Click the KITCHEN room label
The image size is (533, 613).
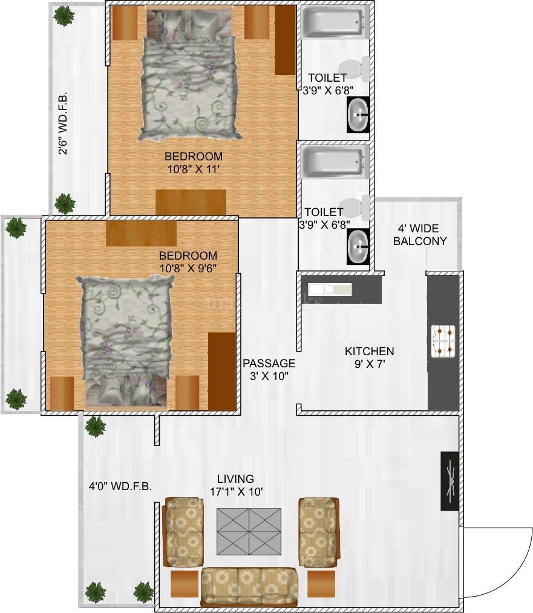click(x=369, y=351)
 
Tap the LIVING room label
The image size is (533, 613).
click(x=235, y=479)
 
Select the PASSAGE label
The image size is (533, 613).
click(x=269, y=363)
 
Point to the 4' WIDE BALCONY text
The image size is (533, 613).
click(x=420, y=235)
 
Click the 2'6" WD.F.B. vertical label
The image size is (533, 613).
click(x=63, y=123)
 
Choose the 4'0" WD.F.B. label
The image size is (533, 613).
click(x=120, y=487)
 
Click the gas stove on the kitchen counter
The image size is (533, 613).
click(x=443, y=341)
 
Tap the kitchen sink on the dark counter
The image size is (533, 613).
click(x=329, y=290)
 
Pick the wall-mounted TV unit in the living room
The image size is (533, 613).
click(x=450, y=481)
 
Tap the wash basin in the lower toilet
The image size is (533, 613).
click(x=358, y=246)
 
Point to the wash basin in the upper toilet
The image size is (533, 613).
click(x=358, y=114)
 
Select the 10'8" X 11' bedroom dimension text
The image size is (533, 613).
click(x=194, y=169)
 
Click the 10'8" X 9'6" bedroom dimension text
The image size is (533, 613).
click(x=188, y=269)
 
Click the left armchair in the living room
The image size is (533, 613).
click(x=183, y=531)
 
